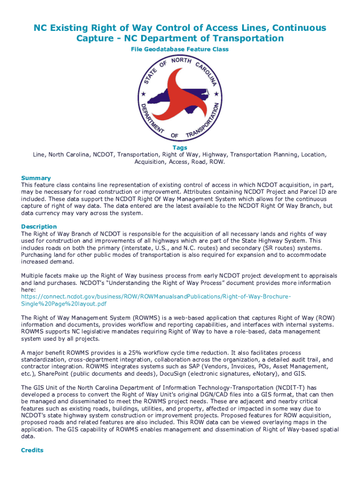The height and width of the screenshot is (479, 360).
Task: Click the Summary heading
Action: (36, 178)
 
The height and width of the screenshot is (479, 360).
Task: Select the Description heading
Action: (39, 227)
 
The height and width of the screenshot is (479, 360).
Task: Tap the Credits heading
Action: (32, 450)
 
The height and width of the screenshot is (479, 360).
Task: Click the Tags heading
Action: (180, 148)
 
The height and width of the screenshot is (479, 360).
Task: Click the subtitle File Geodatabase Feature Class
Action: (180, 49)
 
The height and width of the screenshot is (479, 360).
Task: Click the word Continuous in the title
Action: (296, 28)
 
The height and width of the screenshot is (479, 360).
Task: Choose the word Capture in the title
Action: (94, 38)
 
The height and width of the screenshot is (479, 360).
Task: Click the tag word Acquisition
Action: (151, 162)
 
